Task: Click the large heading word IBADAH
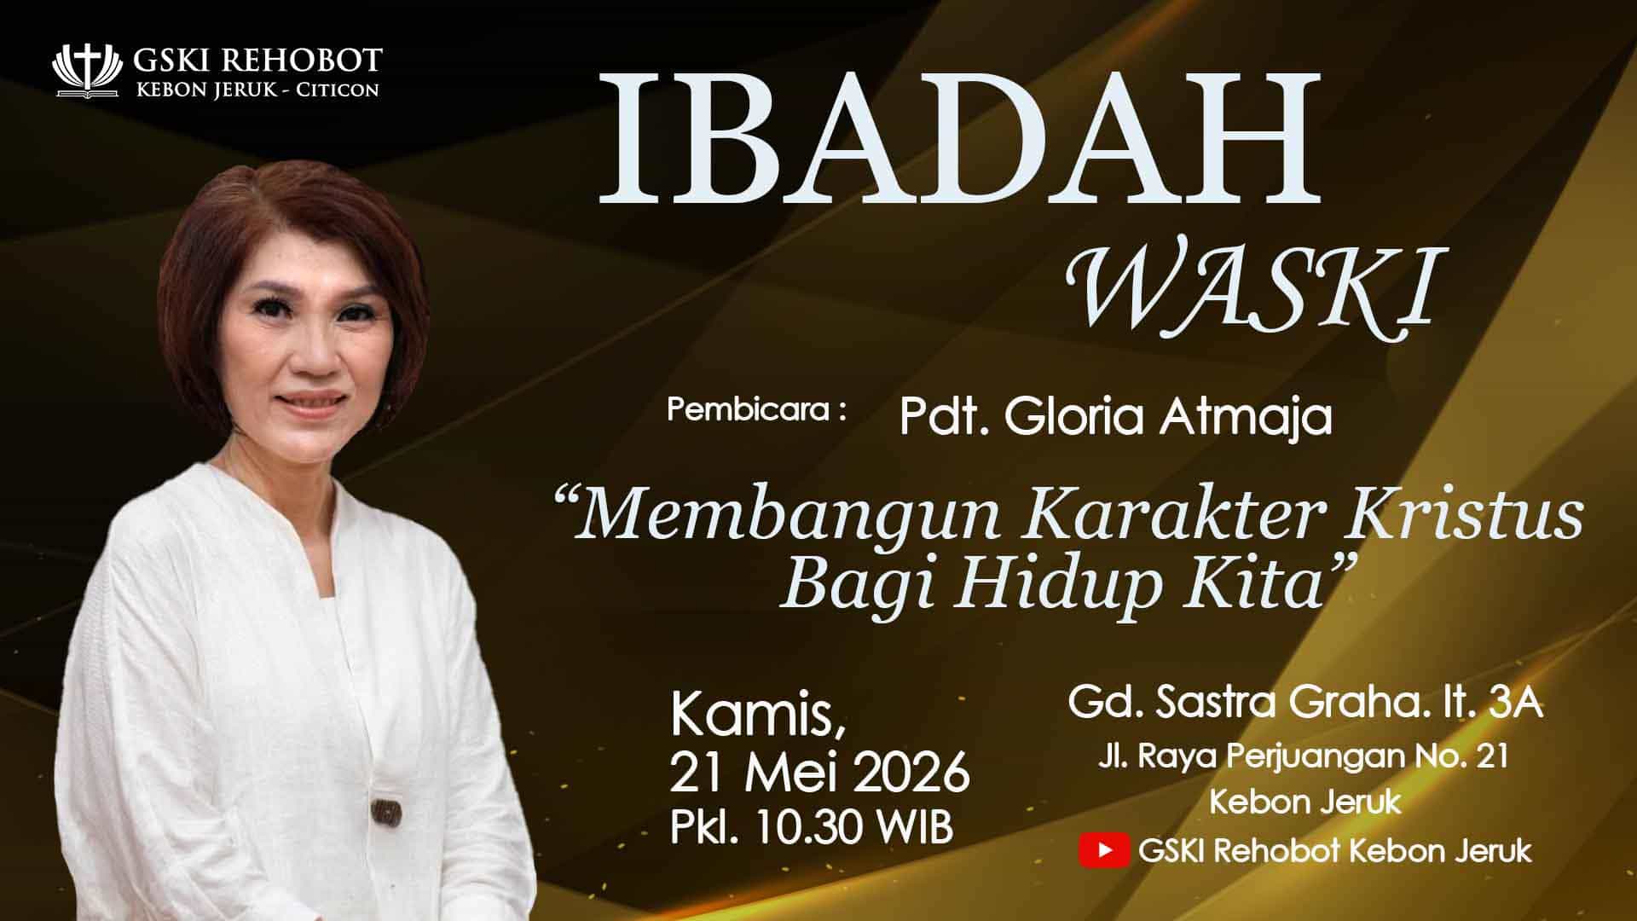tap(960, 139)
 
